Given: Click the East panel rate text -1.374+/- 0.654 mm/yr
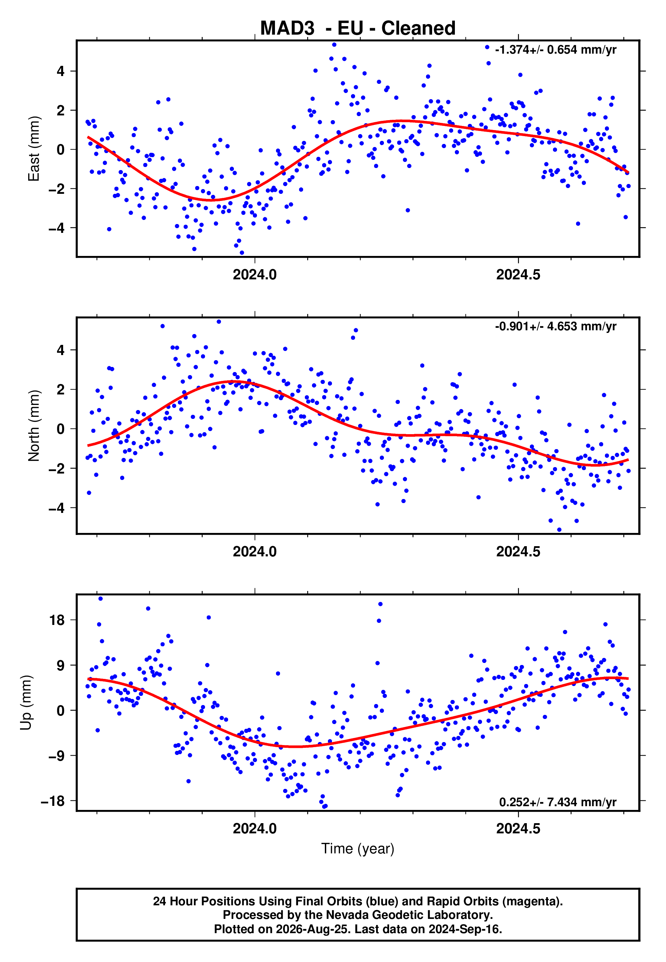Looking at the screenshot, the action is click(555, 50).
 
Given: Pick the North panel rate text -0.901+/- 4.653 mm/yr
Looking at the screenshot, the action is click(555, 327).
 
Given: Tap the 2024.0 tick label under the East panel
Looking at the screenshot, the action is click(255, 275).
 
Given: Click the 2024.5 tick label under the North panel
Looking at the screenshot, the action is click(518, 552).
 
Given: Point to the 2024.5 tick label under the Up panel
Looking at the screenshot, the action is click(518, 829).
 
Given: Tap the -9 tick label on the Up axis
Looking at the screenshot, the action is click(57, 756).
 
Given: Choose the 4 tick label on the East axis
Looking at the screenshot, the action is click(61, 71).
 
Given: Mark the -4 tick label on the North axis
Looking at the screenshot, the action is click(57, 508).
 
